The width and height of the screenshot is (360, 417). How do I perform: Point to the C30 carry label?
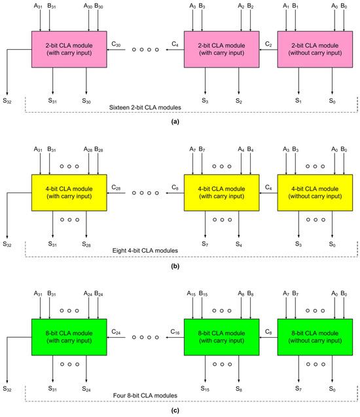pyautogui.click(x=116, y=44)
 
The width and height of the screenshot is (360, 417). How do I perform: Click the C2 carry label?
pyautogui.click(x=269, y=44)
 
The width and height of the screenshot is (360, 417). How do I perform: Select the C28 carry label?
pyautogui.click(x=116, y=187)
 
